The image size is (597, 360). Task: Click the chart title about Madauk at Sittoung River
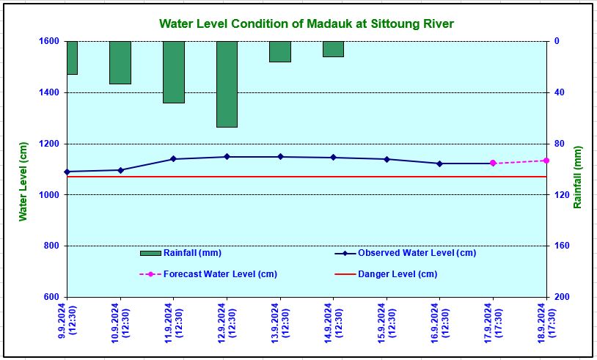pyautogui.click(x=306, y=24)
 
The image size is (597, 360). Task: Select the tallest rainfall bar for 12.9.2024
pyautogui.click(x=227, y=84)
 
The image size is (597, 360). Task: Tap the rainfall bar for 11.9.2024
pyautogui.click(x=174, y=72)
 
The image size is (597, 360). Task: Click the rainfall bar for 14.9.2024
pyautogui.click(x=333, y=48)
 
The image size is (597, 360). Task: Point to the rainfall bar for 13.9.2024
pyautogui.click(x=280, y=51)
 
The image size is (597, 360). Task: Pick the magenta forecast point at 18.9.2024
pyautogui.click(x=546, y=161)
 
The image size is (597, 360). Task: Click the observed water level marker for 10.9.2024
pyautogui.click(x=120, y=170)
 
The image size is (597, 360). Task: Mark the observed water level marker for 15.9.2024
pyautogui.click(x=387, y=159)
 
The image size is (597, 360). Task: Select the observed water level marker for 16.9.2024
pyautogui.click(x=439, y=164)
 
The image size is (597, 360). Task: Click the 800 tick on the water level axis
pyautogui.click(x=51, y=246)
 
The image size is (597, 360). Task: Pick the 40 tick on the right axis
pyautogui.click(x=557, y=92)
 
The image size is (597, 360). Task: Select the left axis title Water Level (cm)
pyautogui.click(x=23, y=181)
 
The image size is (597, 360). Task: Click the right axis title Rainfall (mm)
pyautogui.click(x=578, y=177)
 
